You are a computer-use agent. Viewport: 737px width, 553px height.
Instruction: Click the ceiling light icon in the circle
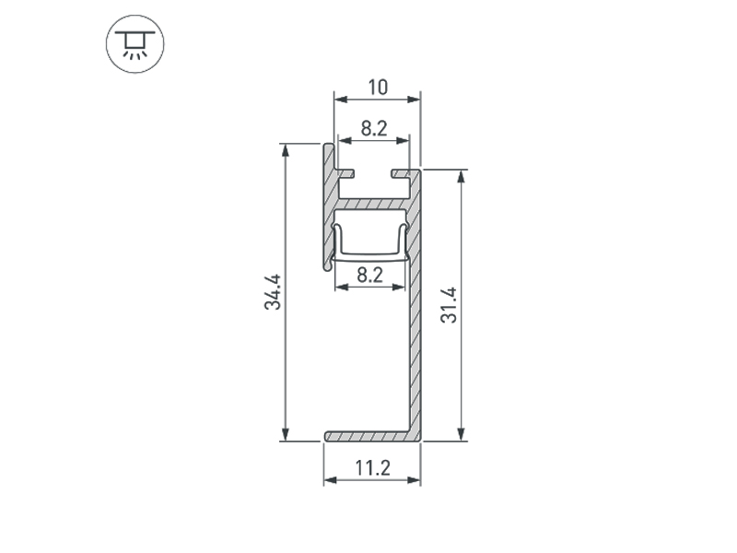pyautogui.click(x=135, y=44)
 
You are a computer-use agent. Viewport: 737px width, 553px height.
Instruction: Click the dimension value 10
pyautogui.click(x=378, y=88)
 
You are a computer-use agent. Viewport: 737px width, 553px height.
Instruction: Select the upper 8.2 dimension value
pyautogui.click(x=374, y=128)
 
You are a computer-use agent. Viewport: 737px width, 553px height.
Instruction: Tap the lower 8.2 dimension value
pyautogui.click(x=370, y=275)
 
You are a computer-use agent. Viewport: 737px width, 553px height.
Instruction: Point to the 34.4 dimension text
pyautogui.click(x=273, y=292)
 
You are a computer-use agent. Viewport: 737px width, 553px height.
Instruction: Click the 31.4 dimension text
pyautogui.click(x=449, y=305)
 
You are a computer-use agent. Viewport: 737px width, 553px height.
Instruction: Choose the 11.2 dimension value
pyautogui.click(x=372, y=468)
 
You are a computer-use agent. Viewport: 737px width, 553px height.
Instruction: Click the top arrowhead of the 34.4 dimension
pyautogui.click(x=286, y=150)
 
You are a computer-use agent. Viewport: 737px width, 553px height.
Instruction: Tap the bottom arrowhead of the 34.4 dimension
pyautogui.click(x=286, y=434)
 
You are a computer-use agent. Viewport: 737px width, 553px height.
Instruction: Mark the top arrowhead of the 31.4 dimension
pyautogui.click(x=462, y=176)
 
